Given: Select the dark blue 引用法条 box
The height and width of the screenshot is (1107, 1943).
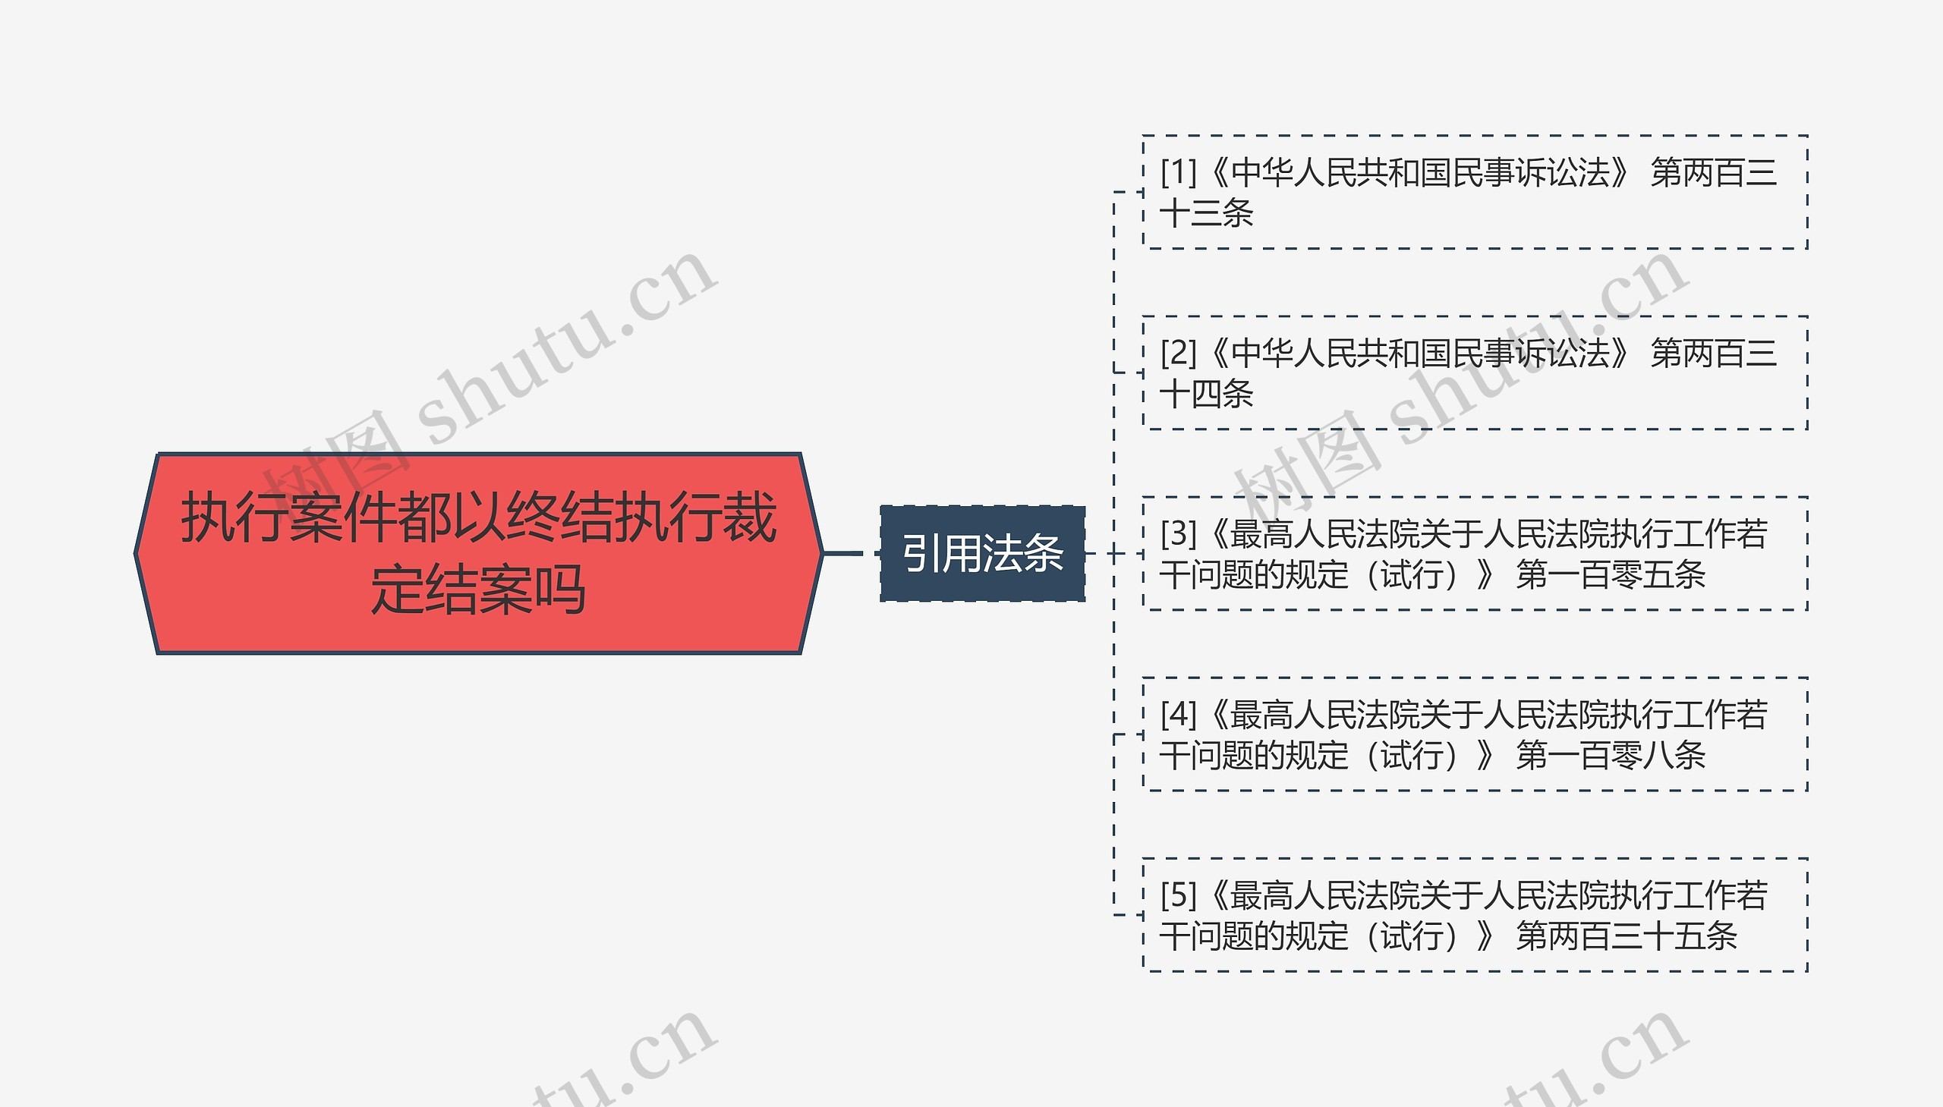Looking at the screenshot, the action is (x=983, y=554).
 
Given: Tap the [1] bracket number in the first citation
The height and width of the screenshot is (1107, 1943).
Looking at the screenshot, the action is (x=1178, y=172).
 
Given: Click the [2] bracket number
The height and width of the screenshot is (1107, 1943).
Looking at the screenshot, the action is (x=1178, y=353).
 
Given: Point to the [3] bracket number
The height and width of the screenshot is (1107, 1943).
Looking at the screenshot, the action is (x=1178, y=533).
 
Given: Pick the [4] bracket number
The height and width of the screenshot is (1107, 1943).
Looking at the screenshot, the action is (x=1178, y=715).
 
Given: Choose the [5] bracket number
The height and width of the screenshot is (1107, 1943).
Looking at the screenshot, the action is (x=1178, y=895).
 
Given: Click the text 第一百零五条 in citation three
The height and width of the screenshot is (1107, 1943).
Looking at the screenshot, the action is (x=1611, y=574).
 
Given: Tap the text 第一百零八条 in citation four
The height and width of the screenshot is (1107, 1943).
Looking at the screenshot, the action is (x=1611, y=755).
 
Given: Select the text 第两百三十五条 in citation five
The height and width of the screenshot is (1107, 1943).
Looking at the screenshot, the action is (x=1627, y=936).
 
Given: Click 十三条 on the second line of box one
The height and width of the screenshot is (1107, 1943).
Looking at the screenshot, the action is (x=1207, y=213).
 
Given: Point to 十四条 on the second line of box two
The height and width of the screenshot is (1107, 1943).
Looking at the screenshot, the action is (x=1207, y=394).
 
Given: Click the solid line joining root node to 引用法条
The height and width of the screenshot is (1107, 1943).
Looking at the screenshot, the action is (x=843, y=554).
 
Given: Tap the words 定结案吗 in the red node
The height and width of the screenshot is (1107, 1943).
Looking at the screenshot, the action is (x=478, y=590).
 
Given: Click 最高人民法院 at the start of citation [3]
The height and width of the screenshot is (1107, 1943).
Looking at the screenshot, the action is (x=1324, y=533).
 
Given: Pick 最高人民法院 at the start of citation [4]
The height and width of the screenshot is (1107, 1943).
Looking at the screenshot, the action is (x=1324, y=715).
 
